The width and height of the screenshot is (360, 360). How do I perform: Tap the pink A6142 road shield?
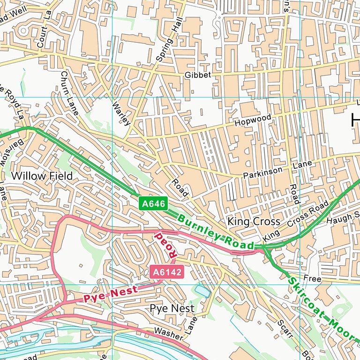[x=166, y=271]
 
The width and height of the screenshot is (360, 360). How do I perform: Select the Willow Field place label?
[x=42, y=176]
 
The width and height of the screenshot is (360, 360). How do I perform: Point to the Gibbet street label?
[x=198, y=75]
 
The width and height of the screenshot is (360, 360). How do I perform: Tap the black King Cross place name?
[x=254, y=221]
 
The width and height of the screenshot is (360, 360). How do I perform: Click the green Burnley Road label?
[x=216, y=232]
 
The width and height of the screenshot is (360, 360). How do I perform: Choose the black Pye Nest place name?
[x=172, y=308]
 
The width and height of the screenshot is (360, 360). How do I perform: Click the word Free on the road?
[x=312, y=279]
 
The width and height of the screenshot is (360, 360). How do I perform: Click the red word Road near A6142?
[x=167, y=244]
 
